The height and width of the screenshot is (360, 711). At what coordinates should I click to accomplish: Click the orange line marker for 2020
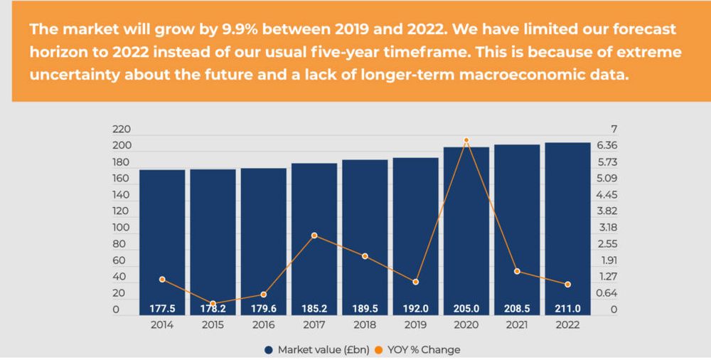(466, 140)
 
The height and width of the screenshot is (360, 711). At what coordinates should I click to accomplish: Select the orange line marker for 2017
(314, 235)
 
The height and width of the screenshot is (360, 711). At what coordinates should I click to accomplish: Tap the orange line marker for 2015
(213, 304)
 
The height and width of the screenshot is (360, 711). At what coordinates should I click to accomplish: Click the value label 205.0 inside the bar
(466, 309)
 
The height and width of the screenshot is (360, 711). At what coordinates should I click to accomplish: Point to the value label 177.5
(162, 309)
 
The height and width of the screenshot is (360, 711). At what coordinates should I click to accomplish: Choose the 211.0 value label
(567, 309)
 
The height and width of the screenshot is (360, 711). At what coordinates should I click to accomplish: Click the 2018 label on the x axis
(365, 325)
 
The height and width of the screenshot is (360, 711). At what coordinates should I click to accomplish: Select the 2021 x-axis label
(517, 325)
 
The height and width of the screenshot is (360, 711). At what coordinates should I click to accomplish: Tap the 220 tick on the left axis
(122, 129)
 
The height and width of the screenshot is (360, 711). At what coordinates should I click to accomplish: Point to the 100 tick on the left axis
(122, 228)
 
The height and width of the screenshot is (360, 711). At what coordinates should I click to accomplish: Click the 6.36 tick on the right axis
(606, 146)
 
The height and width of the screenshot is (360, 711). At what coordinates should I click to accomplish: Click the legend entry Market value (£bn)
(311, 349)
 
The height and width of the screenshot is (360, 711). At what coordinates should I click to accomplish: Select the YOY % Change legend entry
(422, 349)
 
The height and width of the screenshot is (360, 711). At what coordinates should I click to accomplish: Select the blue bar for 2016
(263, 241)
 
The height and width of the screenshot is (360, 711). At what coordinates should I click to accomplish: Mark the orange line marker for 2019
(415, 282)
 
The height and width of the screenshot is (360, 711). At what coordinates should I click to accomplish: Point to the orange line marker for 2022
(567, 285)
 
